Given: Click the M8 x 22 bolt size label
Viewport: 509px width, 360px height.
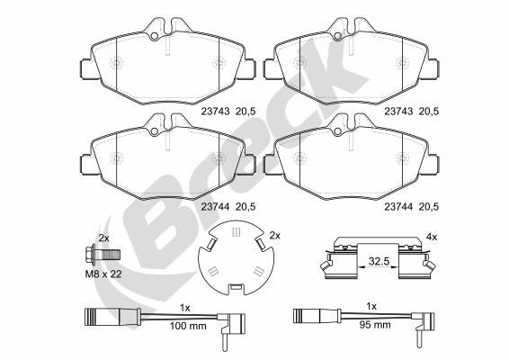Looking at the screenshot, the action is click(x=103, y=274).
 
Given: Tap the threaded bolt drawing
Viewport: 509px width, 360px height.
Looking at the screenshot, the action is click(x=103, y=254).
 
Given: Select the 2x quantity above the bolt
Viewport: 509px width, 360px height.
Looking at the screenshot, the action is click(x=103, y=238).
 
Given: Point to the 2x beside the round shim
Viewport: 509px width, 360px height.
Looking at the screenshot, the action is click(x=274, y=236).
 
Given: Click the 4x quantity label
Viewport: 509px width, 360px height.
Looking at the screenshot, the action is click(x=432, y=238).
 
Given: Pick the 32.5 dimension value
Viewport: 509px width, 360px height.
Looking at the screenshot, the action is click(x=379, y=261).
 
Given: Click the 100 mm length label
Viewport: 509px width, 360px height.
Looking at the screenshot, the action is click(x=188, y=326).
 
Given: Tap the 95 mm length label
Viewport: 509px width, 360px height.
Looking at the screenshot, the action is click(x=375, y=325).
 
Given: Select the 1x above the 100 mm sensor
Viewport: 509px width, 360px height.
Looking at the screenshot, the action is click(x=185, y=309).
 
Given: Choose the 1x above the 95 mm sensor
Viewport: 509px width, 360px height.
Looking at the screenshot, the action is click(x=371, y=306).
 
